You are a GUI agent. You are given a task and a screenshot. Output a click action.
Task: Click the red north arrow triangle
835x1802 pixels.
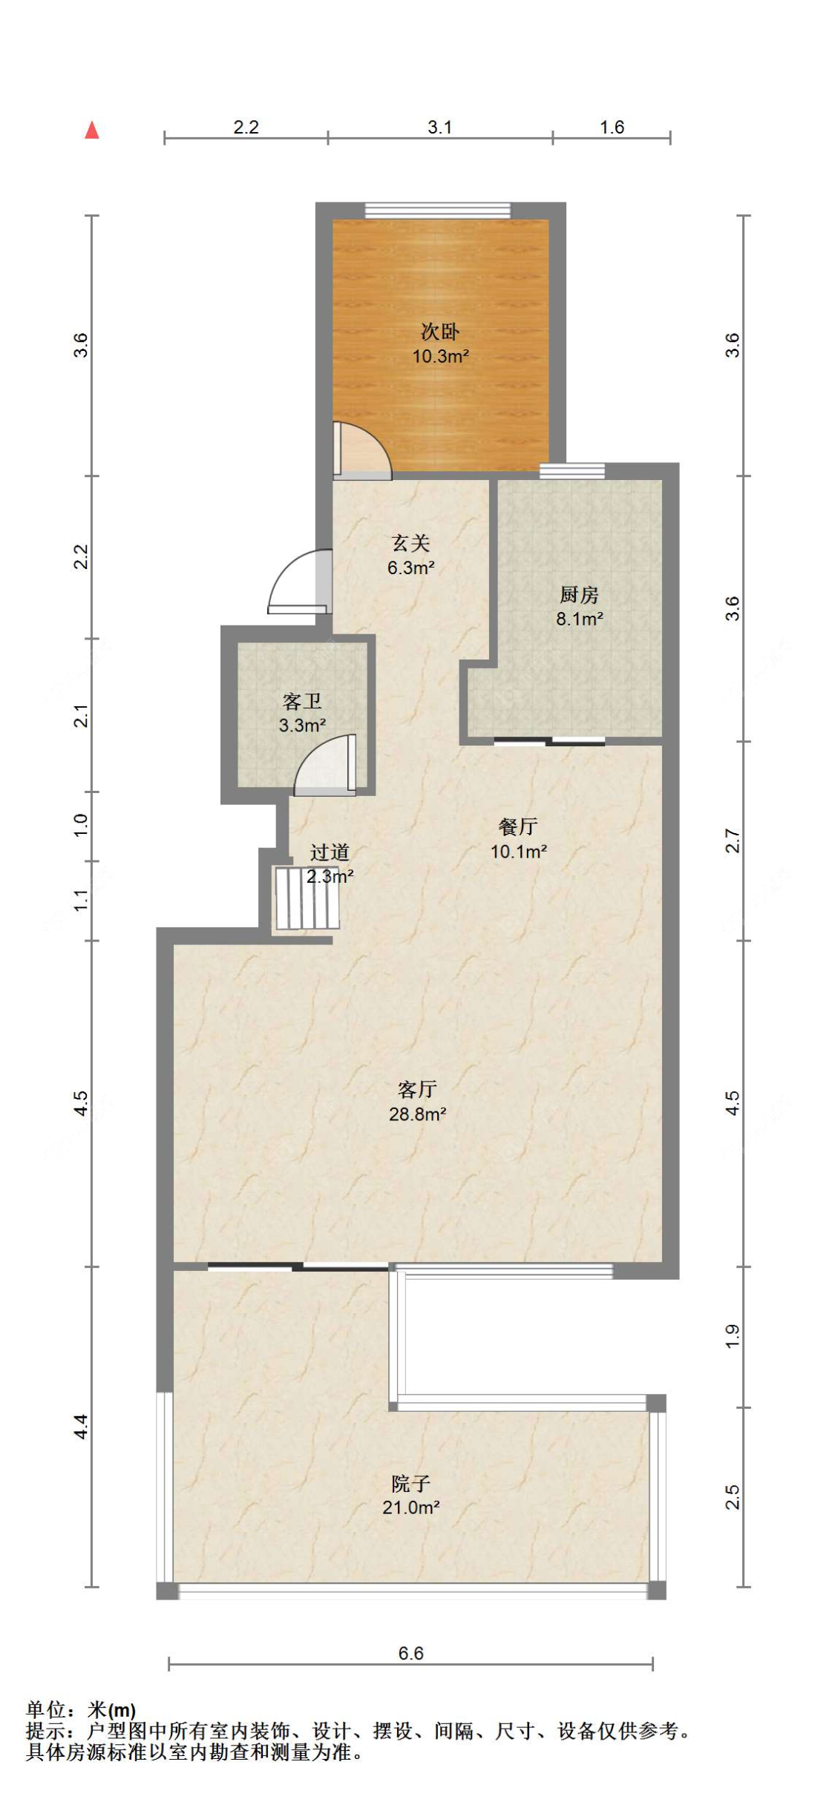pyautogui.click(x=92, y=131)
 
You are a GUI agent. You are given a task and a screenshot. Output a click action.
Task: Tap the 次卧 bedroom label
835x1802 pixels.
pyautogui.click(x=440, y=332)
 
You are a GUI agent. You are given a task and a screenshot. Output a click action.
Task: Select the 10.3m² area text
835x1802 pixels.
pyautogui.click(x=440, y=357)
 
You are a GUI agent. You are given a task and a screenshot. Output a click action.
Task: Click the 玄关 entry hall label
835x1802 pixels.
pyautogui.click(x=410, y=543)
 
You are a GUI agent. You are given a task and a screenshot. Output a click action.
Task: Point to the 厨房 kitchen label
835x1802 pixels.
pyautogui.click(x=579, y=594)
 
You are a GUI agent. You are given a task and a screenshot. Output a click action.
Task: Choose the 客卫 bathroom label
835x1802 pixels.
pyautogui.click(x=302, y=701)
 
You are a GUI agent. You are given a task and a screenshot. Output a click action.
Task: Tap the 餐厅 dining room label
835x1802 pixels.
pyautogui.click(x=518, y=826)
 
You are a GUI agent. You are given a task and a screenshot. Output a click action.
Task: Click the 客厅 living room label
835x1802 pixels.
pyautogui.click(x=417, y=1089)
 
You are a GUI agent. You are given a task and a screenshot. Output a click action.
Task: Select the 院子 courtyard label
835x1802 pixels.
pyautogui.click(x=410, y=1483)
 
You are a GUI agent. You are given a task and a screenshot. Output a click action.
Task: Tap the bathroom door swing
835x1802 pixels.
pyautogui.click(x=325, y=764)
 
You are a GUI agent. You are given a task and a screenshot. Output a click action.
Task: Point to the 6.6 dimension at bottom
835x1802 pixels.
pyautogui.click(x=410, y=1653)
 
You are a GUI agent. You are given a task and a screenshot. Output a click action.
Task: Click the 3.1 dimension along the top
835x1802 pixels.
pyautogui.click(x=439, y=127)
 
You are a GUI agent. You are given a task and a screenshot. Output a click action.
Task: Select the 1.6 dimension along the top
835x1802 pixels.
pyautogui.click(x=612, y=127)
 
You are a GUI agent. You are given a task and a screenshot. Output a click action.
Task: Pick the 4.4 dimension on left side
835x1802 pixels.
pyautogui.click(x=81, y=1426)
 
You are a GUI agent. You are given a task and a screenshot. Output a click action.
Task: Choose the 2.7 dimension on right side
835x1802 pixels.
pyautogui.click(x=733, y=841)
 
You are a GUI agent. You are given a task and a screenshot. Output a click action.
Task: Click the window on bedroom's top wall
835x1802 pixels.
pyautogui.click(x=438, y=211)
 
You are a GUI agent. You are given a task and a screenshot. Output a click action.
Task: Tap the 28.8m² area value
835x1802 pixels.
pyautogui.click(x=417, y=1114)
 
